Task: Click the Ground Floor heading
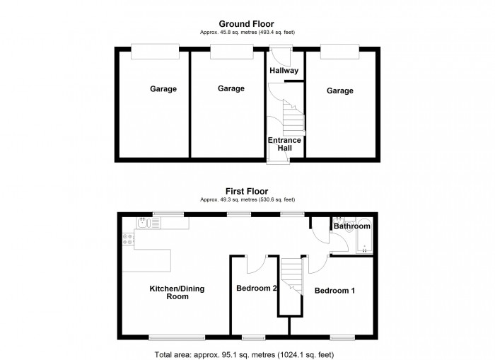[x=247, y=24]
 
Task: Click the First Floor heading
[x=247, y=190]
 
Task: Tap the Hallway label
[x=284, y=70]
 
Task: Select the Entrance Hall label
[x=284, y=144]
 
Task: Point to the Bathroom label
[x=352, y=226]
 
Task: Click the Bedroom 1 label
[x=334, y=291]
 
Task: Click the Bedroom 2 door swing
[x=255, y=263]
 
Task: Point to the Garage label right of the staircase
[x=340, y=91]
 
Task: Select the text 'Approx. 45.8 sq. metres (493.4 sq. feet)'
[x=247, y=33]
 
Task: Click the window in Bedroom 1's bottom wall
[x=342, y=336]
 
